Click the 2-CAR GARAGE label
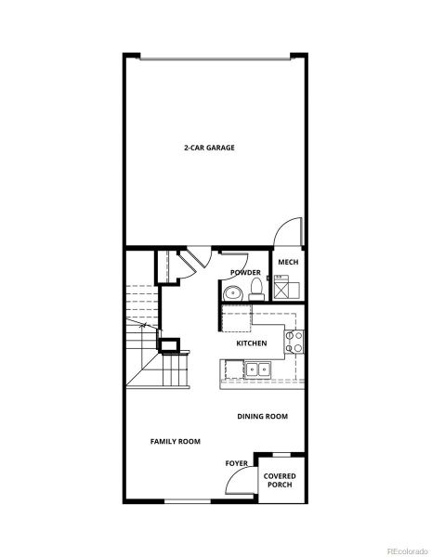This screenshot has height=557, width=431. point(208,148)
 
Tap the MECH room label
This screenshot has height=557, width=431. point(288,263)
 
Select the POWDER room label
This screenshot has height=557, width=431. point(246,272)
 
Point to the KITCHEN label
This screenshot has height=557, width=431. point(252,343)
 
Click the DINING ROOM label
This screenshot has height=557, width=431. point(262,417)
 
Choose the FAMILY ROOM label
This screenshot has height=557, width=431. point(176,441)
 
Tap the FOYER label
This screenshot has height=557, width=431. point(237,462)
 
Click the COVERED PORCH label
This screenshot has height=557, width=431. point(281,480)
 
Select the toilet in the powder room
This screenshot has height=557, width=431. point(254,291)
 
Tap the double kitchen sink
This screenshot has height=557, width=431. point(257,369)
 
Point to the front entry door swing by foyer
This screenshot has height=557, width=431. point(240,483)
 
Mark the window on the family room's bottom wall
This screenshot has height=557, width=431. point(180,502)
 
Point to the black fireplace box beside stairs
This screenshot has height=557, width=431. point(170,346)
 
